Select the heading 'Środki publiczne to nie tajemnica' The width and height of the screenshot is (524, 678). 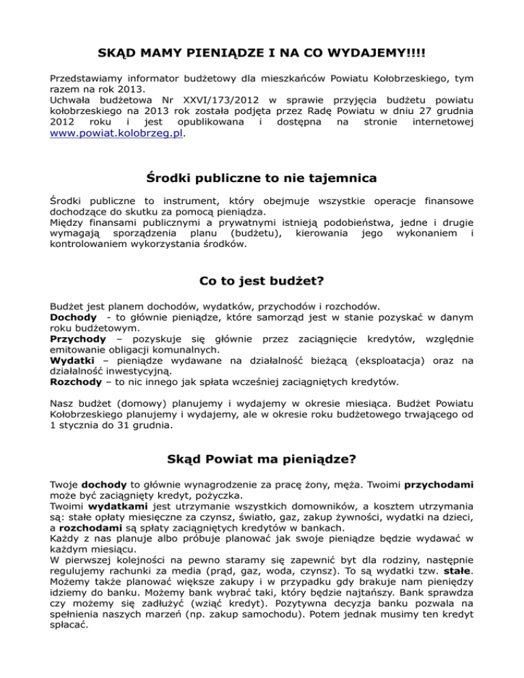(x=262, y=179)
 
